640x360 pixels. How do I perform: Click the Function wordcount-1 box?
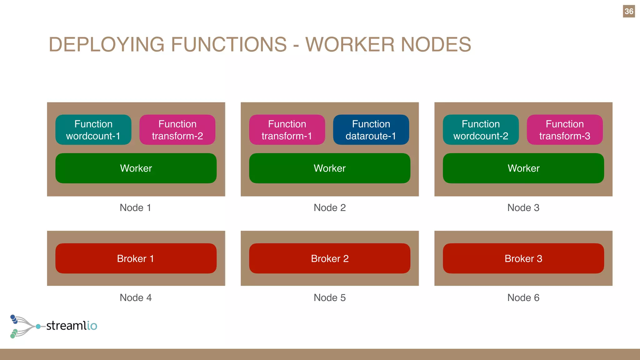[93, 130]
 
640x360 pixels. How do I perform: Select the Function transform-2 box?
[177, 130]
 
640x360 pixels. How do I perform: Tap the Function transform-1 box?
[287, 130]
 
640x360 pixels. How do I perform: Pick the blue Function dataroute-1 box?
[371, 130]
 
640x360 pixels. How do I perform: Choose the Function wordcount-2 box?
[481, 130]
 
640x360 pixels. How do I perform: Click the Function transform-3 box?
[565, 130]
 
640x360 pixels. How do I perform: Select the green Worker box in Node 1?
[136, 168]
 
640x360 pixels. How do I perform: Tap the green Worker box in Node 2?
[330, 168]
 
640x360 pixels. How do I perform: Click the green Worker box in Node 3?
[523, 168]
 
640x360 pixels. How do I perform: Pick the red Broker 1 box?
[136, 258]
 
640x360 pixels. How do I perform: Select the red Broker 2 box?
[330, 258]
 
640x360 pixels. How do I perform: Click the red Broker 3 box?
[523, 258]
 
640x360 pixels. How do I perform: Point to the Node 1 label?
[136, 207]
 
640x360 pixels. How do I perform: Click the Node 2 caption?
[330, 207]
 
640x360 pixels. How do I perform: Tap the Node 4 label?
[136, 297]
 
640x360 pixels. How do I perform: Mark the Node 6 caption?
[523, 297]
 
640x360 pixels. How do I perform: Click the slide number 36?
[629, 12]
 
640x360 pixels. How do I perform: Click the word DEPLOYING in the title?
[106, 44]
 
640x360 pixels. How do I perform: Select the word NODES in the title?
[436, 44]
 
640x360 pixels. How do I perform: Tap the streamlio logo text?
[72, 326]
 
